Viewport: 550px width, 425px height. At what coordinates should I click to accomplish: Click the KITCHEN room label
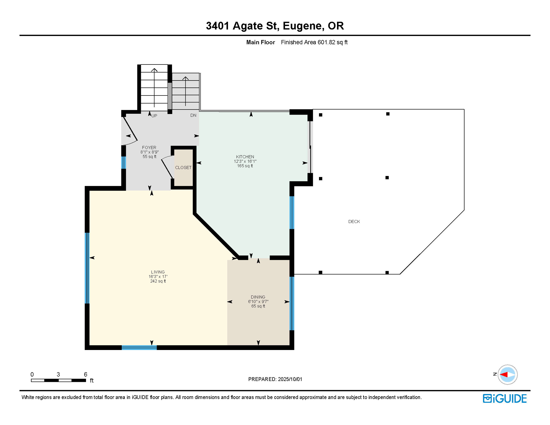coord(245,157)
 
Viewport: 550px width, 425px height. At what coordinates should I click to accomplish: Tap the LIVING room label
coord(158,272)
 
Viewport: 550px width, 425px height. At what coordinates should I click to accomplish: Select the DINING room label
coord(258,297)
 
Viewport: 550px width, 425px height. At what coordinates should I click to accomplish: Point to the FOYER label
coord(149,147)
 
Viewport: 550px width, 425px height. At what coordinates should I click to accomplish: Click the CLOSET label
coord(183,167)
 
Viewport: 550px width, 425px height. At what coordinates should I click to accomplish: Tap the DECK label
coord(354,221)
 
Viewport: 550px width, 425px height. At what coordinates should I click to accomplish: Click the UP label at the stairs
coord(154,116)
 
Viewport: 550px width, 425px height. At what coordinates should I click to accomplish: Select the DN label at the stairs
coord(193,115)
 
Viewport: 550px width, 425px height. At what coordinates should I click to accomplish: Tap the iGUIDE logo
coord(505,398)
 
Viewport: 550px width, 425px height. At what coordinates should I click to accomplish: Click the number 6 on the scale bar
coord(85,374)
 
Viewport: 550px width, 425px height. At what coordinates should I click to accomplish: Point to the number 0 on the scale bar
coord(32,374)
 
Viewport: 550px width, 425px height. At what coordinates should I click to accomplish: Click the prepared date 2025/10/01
coord(290,379)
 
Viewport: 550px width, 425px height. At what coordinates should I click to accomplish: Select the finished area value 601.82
coord(326,42)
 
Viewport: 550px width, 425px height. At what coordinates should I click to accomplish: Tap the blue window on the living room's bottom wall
coord(139,348)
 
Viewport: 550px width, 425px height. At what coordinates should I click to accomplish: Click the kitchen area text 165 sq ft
coord(245,166)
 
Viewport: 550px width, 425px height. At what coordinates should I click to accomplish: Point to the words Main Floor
coord(261,42)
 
